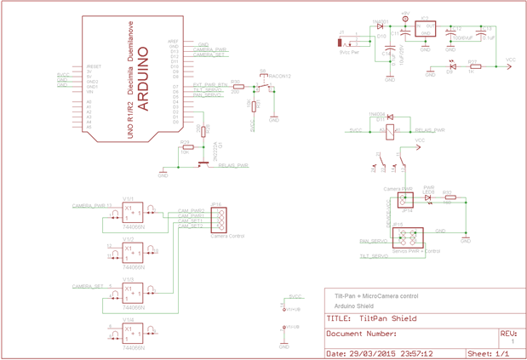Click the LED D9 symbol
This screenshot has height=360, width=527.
(451, 66)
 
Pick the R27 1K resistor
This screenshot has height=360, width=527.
(475, 66)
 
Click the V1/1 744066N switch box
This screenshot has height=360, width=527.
(132, 212)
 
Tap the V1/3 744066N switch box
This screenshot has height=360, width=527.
(132, 293)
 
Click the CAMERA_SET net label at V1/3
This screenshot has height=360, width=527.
(88, 286)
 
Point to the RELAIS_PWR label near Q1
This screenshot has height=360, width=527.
(233, 165)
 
